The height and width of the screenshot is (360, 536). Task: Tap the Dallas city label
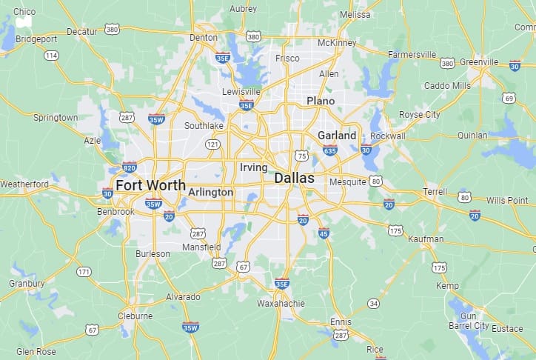[x=294, y=179]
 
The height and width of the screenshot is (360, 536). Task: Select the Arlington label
[x=210, y=192]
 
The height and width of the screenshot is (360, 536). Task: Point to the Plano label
[x=321, y=101]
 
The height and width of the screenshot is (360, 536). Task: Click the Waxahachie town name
[x=281, y=304]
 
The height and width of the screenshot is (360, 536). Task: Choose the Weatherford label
[x=24, y=184]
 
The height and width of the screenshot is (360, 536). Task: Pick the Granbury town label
[x=27, y=283]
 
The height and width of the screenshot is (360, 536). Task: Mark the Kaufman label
[x=426, y=239]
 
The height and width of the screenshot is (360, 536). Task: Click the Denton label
[x=204, y=37]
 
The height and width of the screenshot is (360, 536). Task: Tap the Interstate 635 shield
[x=329, y=151]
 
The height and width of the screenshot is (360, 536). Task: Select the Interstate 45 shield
[x=324, y=233]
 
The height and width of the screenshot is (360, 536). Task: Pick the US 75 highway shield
[x=301, y=156]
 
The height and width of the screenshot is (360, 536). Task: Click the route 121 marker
[x=212, y=144]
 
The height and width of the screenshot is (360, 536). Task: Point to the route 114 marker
[x=51, y=56]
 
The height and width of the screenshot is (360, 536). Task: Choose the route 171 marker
[x=84, y=272]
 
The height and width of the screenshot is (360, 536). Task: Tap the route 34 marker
[x=374, y=303]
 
